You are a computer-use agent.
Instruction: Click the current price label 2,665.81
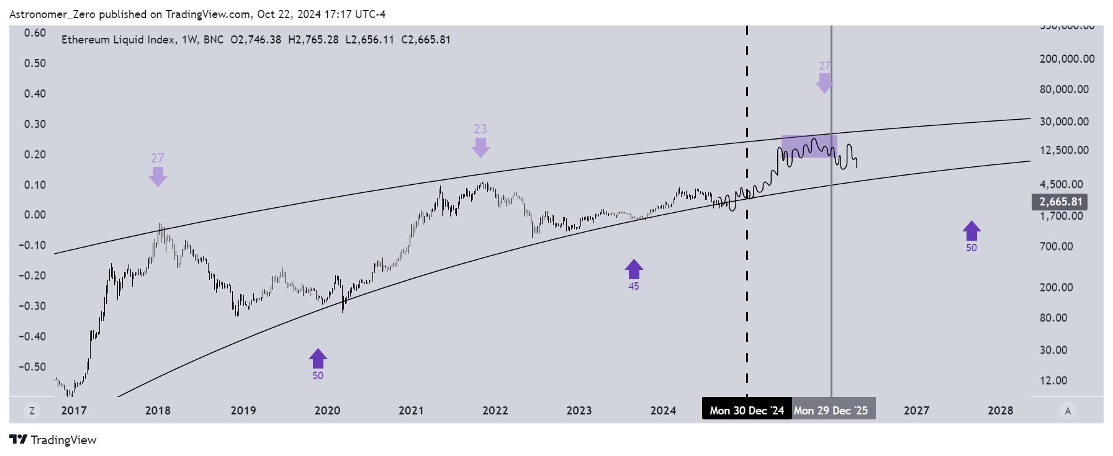pos(1060,202)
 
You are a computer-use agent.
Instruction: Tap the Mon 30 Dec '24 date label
pos(746,410)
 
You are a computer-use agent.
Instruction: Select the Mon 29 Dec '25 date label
pos(831,410)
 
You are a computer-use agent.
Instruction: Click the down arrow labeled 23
pos(480,147)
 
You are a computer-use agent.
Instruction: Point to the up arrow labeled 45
pos(633,269)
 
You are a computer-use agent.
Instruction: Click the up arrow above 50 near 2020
pos(318,358)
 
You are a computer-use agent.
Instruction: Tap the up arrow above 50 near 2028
pos(971,231)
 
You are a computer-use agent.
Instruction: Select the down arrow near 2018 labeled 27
pos(158,176)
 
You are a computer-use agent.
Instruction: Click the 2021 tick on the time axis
pos(411,410)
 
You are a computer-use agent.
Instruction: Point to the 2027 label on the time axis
pos(916,410)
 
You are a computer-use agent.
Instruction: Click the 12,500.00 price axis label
pos(1064,150)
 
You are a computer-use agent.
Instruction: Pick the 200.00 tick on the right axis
pos(1064,287)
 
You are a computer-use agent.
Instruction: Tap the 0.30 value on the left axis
pos(35,123)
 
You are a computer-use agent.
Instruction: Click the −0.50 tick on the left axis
pos(32,366)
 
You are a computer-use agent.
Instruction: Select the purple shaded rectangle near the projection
pos(809,146)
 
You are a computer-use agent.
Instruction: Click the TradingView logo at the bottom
pos(53,440)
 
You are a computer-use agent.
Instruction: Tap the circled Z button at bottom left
pos(31,410)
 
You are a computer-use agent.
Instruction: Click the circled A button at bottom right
pos(1068,410)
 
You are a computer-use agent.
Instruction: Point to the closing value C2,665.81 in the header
pos(426,40)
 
